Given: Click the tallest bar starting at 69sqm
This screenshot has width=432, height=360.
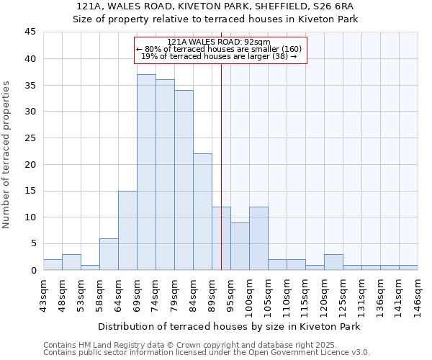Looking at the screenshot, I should click(x=146, y=172).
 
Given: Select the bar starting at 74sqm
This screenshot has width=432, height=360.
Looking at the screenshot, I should click(x=165, y=175).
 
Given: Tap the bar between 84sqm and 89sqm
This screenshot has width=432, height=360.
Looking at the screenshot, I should click(x=202, y=212).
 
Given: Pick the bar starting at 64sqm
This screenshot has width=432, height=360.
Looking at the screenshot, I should click(x=127, y=230).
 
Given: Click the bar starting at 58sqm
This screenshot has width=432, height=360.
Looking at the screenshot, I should click(x=109, y=254).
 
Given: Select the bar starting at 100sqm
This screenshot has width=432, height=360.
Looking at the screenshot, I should click(x=258, y=238).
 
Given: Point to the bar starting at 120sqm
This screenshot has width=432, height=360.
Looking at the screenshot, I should click(x=333, y=262).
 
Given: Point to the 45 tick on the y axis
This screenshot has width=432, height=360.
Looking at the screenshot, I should click(x=30, y=32).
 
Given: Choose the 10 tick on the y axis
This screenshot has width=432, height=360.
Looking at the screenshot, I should click(x=30, y=217).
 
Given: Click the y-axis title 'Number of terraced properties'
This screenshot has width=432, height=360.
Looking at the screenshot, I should click(x=7, y=155).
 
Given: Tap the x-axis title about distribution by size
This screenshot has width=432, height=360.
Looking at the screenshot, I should click(x=228, y=326).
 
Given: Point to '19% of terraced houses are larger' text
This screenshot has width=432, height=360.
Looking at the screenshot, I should click(x=219, y=56).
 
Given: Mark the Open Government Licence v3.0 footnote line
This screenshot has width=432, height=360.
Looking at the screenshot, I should click(x=207, y=353).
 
